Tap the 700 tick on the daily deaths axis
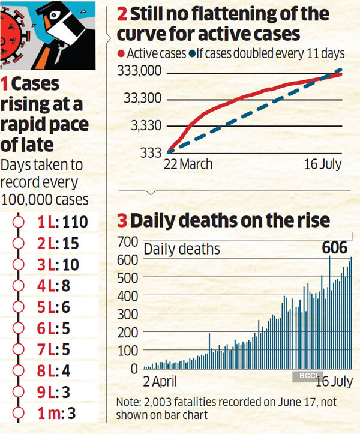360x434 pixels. point(128,242)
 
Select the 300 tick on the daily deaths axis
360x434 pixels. point(128,313)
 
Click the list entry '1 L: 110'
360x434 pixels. point(62,222)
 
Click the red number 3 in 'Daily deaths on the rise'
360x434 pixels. point(122,220)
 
